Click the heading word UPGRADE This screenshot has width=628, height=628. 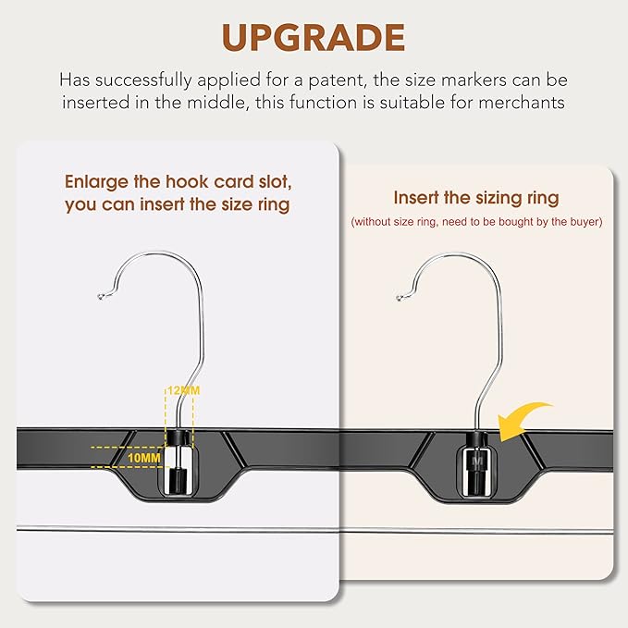(x=314, y=38)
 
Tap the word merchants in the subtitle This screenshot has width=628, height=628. (x=522, y=103)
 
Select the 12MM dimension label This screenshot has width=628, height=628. (x=183, y=391)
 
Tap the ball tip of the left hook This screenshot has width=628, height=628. (x=101, y=297)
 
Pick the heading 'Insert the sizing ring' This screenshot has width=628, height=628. (x=475, y=198)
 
